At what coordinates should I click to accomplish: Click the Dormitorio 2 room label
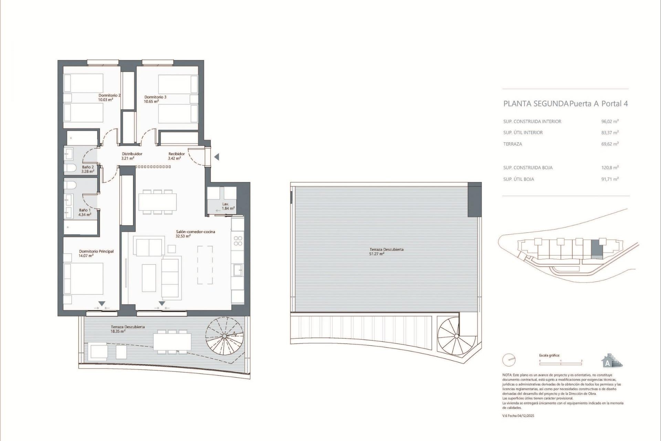click(x=109, y=95)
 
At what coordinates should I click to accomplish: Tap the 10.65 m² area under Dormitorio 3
click(x=151, y=102)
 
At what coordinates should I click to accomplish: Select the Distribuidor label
click(x=132, y=154)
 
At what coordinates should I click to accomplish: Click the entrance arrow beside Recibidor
click(x=217, y=157)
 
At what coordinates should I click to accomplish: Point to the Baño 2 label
click(x=88, y=167)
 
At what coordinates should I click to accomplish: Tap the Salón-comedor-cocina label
click(x=195, y=232)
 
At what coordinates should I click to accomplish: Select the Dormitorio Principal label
click(x=96, y=252)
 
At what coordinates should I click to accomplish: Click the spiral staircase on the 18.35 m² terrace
click(x=224, y=336)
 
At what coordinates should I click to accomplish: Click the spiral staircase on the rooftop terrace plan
click(x=456, y=336)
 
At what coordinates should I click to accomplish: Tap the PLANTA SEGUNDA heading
click(x=535, y=104)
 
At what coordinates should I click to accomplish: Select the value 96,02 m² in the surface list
click(x=610, y=122)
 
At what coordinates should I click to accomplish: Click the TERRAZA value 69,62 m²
click(x=610, y=144)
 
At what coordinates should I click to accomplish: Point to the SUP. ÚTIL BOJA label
click(x=518, y=180)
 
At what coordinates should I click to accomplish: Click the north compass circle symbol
click(x=508, y=360)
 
